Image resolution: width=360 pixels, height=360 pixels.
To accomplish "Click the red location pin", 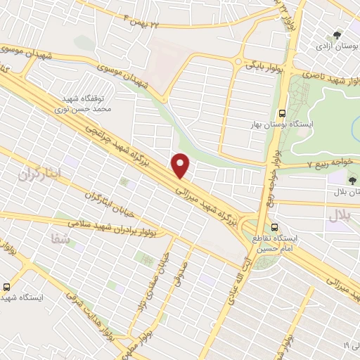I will [181, 166].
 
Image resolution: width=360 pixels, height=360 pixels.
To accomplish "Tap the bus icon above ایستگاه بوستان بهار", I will [282, 112].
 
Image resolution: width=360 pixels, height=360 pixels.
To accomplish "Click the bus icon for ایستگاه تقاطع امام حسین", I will [276, 228].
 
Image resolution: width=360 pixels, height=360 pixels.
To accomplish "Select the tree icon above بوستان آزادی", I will [338, 34].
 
